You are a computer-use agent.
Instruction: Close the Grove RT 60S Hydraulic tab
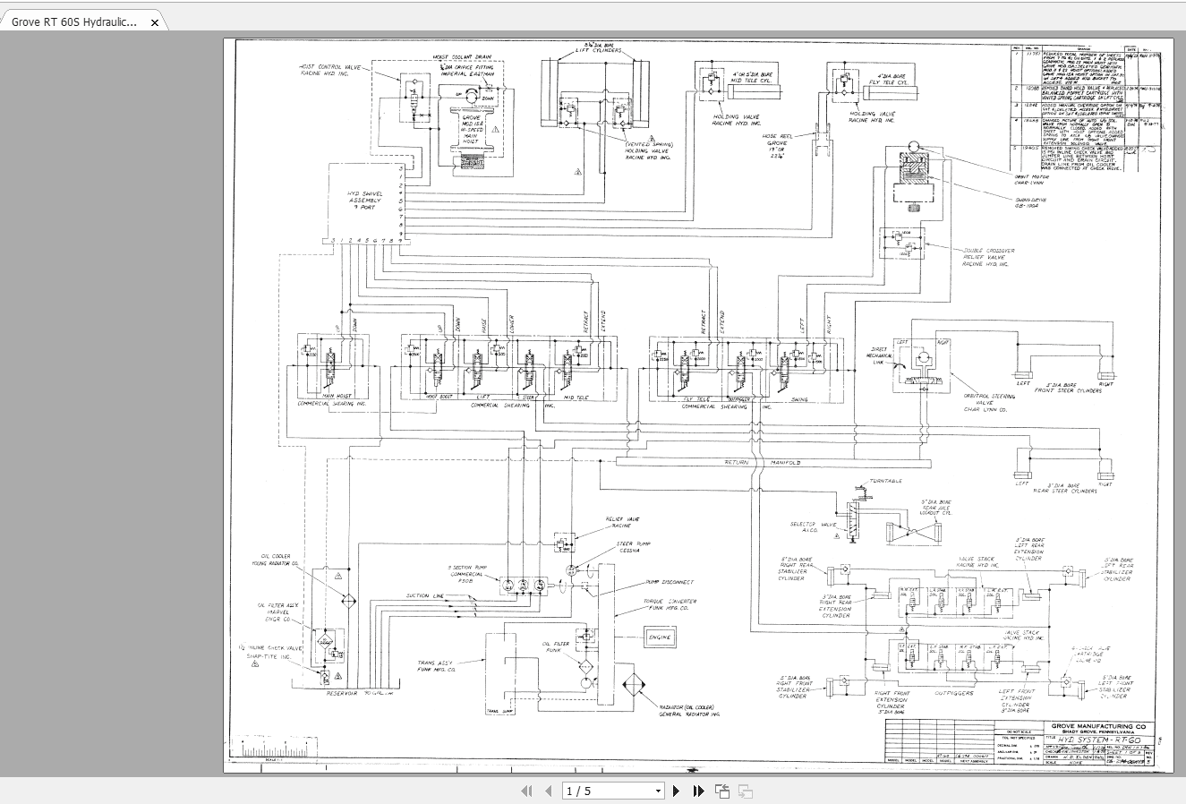click(x=155, y=22)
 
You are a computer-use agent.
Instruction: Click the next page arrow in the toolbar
click(x=676, y=791)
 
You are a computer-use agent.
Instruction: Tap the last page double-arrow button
click(x=698, y=791)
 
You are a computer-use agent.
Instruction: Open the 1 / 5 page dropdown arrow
click(x=658, y=791)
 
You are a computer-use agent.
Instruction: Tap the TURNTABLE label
click(x=884, y=482)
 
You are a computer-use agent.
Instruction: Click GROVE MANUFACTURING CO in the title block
click(x=1098, y=726)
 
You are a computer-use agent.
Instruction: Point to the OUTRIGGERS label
click(x=954, y=692)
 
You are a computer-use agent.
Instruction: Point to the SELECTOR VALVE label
click(x=812, y=526)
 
